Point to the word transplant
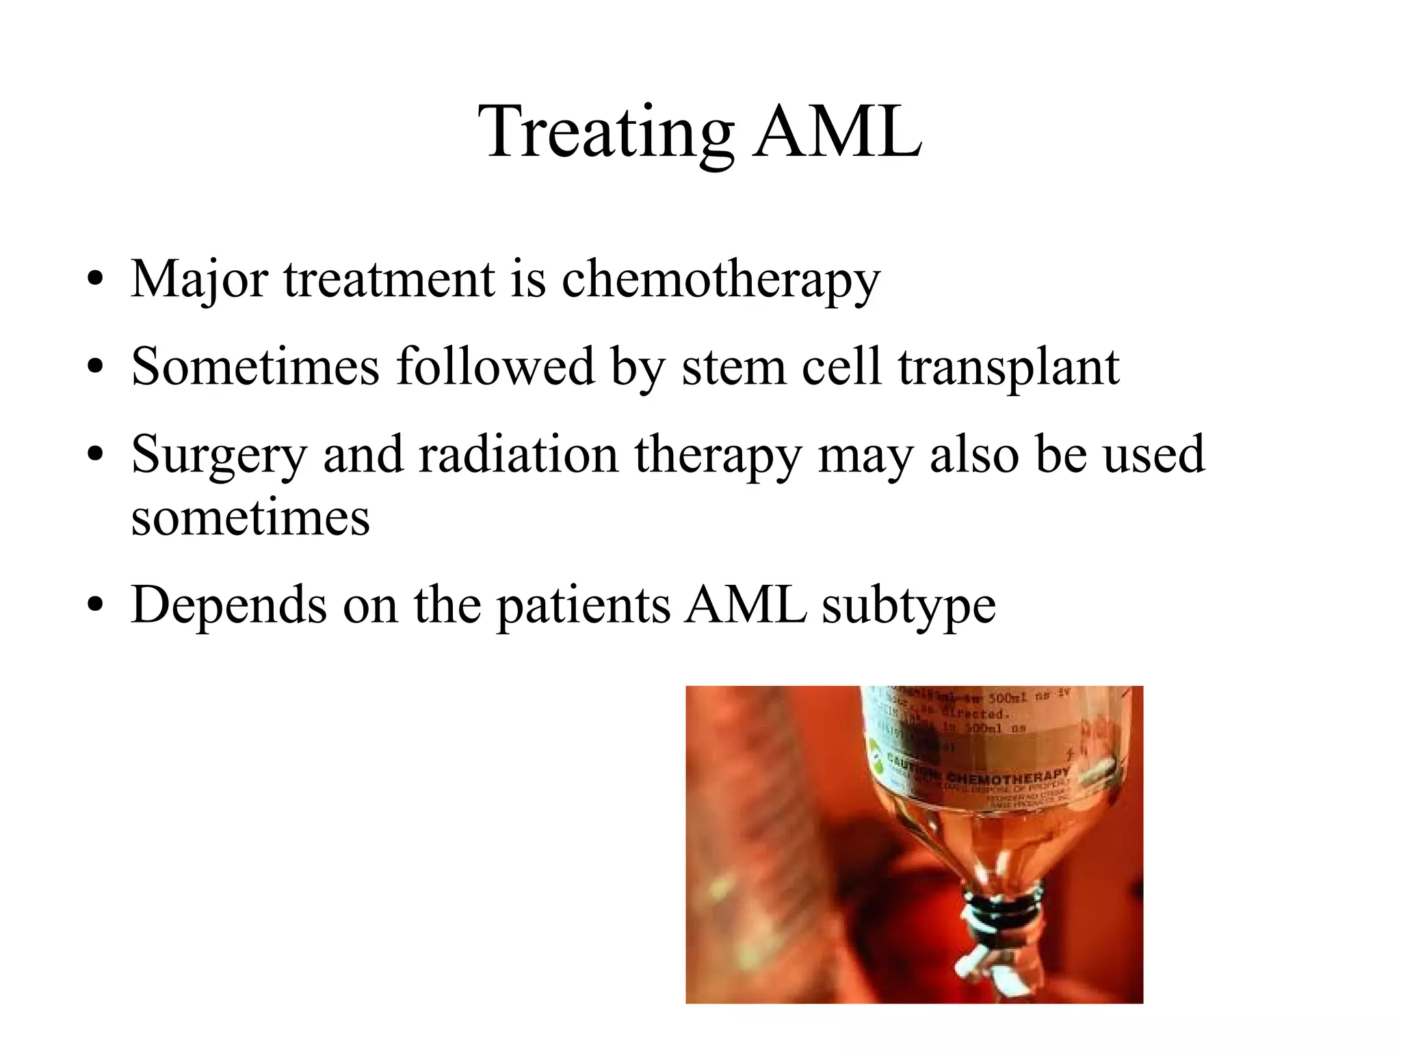[1008, 367]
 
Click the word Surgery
[218, 456]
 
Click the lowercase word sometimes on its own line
[250, 517]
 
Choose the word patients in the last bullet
[584, 605]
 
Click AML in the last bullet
[745, 605]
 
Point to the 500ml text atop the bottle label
[1010, 698]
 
